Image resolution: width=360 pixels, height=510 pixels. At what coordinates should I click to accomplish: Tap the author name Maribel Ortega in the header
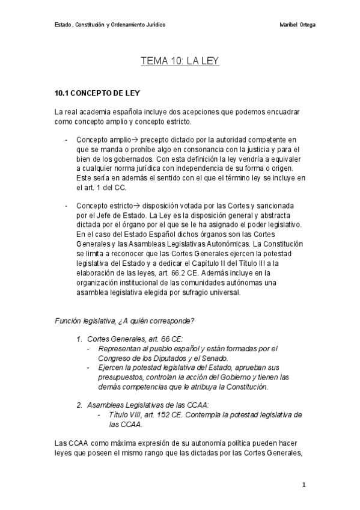(298, 25)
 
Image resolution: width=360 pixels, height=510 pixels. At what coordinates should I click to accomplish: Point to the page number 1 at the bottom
(304, 485)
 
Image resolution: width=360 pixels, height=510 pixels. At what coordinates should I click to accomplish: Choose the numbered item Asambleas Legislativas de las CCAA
(142, 405)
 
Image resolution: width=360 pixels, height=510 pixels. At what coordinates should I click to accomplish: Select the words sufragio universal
(210, 293)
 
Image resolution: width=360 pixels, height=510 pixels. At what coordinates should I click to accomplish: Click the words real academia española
(105, 112)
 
